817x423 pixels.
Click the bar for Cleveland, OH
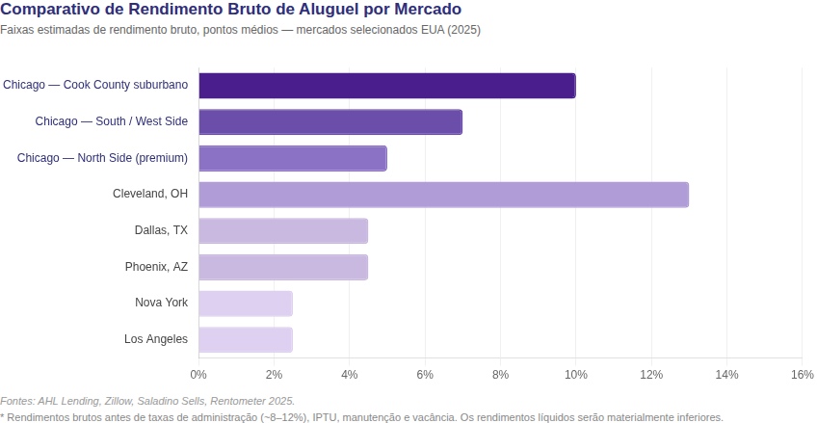point(443,195)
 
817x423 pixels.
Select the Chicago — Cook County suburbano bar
point(386,86)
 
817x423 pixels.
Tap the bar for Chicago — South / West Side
point(330,122)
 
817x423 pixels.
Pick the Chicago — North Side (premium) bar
point(293,158)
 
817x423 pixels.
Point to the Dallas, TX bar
point(283,231)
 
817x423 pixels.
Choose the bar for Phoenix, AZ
point(283,267)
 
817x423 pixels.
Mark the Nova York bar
point(246,304)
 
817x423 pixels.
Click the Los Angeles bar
point(246,339)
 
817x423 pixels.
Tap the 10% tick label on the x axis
point(575,374)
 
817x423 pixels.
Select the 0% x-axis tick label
point(198,374)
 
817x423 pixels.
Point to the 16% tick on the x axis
point(802,374)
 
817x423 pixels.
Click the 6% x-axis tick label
point(425,374)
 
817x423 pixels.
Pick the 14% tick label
point(726,374)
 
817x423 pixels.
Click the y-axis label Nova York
point(162,304)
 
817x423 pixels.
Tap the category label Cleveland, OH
point(150,195)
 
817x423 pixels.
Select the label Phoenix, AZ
point(156,267)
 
